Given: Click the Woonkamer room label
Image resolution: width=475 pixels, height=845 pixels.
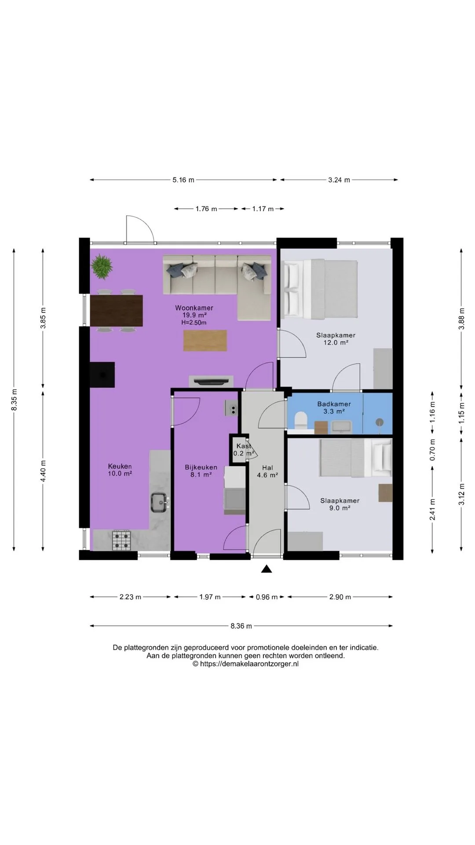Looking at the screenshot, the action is tap(194, 308).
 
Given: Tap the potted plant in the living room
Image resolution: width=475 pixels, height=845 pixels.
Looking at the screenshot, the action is tap(102, 266).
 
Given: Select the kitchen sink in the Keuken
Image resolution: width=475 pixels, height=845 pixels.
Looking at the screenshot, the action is tap(160, 502).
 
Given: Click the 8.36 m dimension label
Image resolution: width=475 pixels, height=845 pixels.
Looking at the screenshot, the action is tap(241, 626).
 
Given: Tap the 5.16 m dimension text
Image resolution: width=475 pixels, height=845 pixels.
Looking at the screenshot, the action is tap(183, 180).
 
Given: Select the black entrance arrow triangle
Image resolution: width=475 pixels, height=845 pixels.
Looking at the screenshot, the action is tap(267, 569).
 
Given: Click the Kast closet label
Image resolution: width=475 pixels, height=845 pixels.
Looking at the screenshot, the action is tap(244, 446).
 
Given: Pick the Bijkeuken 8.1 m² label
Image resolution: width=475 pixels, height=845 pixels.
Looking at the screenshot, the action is tap(201, 471).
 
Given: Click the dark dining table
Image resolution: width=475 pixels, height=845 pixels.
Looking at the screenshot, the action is tap(116, 310).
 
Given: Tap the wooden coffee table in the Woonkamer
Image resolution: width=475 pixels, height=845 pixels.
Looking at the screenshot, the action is tap(205, 341).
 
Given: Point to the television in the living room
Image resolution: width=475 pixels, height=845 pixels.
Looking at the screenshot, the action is tap(211, 381).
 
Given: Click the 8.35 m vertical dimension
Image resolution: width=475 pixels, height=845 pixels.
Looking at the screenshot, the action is tap(15, 400).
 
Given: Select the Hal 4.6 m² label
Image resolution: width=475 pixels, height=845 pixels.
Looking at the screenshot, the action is tap(267, 471).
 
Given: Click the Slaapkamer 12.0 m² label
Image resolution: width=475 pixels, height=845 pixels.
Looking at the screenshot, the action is tap(336, 339).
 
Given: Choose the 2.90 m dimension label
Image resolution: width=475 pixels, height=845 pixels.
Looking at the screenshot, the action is tap(340, 597).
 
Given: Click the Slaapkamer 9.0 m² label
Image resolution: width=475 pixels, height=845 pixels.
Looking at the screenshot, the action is tap(340, 504).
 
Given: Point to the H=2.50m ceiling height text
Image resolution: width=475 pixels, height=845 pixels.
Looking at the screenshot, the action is tap(194, 323).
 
